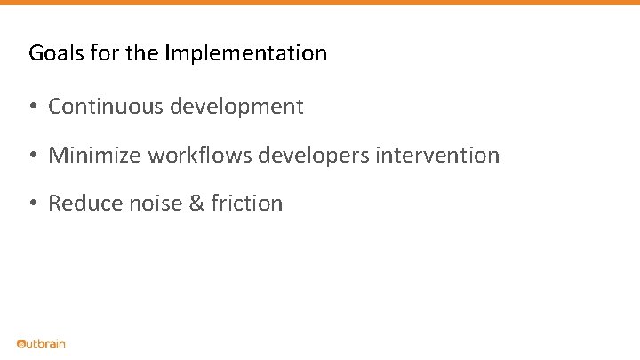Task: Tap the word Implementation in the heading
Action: pyautogui.click(x=245, y=53)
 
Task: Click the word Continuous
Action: pyautogui.click(x=106, y=107)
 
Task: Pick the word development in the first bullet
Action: pyautogui.click(x=236, y=108)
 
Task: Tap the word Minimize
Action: pyautogui.click(x=95, y=156)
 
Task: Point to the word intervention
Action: pyautogui.click(x=437, y=156)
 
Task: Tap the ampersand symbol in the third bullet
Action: pyautogui.click(x=197, y=204)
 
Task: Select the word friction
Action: pyautogui.click(x=247, y=204)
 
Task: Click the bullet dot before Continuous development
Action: pyautogui.click(x=31, y=108)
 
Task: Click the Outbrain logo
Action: pyautogui.click(x=41, y=344)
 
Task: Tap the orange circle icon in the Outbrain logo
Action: pyautogui.click(x=20, y=344)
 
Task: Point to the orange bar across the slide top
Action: pyautogui.click(x=320, y=3)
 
